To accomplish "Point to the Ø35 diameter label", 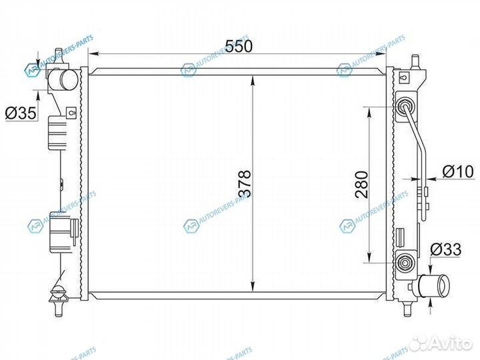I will [x=20, y=114].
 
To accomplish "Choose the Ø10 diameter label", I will [x=458, y=172].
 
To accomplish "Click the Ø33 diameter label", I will [x=445, y=250].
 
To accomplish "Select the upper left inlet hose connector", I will [x=65, y=82].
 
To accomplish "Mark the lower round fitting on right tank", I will [x=405, y=261].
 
